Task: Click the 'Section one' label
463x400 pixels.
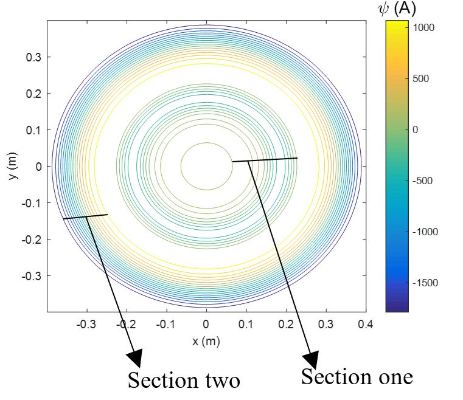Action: [x=357, y=376]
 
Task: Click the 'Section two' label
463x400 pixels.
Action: [x=184, y=380]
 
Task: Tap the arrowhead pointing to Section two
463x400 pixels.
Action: [x=135, y=358]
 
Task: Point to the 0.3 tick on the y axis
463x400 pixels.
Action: [x=33, y=57]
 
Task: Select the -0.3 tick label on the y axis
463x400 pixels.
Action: [x=32, y=275]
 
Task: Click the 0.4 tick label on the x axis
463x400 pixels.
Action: [x=366, y=324]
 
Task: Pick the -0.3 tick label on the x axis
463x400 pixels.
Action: [x=86, y=324]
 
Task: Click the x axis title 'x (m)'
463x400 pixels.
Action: [x=206, y=341]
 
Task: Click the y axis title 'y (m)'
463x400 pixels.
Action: [x=13, y=166]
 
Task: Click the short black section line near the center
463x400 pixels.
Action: [x=265, y=160]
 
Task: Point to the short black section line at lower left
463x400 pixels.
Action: [x=85, y=216]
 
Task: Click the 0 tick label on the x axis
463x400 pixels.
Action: [x=206, y=324]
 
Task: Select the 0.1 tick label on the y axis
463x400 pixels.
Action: [x=33, y=130]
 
